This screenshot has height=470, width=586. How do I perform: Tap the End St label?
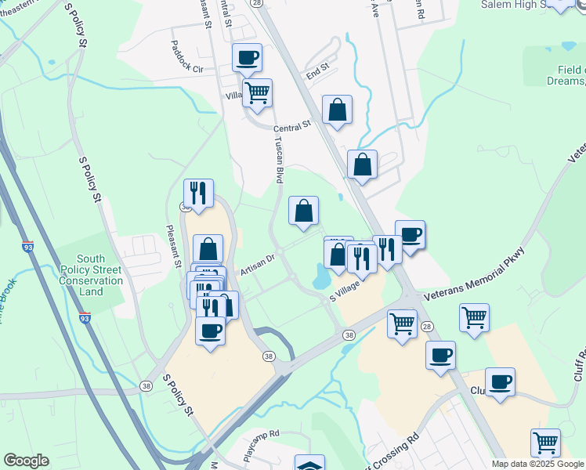pyautogui.click(x=317, y=70)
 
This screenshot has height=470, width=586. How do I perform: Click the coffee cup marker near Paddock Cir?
pyautogui.click(x=248, y=57)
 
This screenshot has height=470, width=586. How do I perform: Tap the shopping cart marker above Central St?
pyautogui.click(x=257, y=93)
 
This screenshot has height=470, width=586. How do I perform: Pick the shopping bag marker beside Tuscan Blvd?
pyautogui.click(x=303, y=211)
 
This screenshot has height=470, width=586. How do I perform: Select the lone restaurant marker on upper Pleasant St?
pyautogui.click(x=197, y=193)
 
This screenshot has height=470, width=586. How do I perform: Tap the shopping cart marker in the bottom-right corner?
pyautogui.click(x=544, y=443)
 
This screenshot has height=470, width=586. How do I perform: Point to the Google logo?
pyautogui.click(x=26, y=461)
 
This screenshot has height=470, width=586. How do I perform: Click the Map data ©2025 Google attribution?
pyautogui.click(x=537, y=464)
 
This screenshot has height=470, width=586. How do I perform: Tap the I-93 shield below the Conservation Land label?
pyautogui.click(x=85, y=318)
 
